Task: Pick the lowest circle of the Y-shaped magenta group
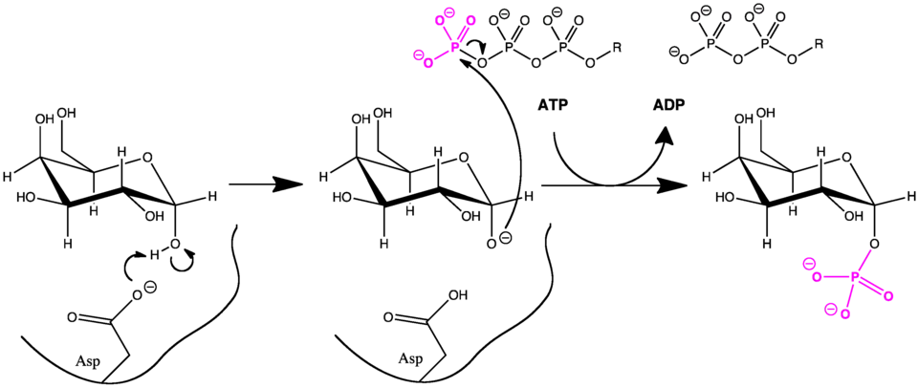click(x=427, y=63)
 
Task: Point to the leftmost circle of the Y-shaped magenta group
click(x=418, y=54)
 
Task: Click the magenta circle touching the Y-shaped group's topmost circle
click(x=440, y=17)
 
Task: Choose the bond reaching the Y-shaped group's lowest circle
click(x=440, y=54)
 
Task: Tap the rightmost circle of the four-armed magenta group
click(x=889, y=296)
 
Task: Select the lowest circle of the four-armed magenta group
click(x=845, y=313)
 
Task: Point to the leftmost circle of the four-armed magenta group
click(x=808, y=261)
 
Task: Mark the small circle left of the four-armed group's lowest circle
click(x=831, y=310)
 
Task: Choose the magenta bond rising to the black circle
click(x=863, y=261)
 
